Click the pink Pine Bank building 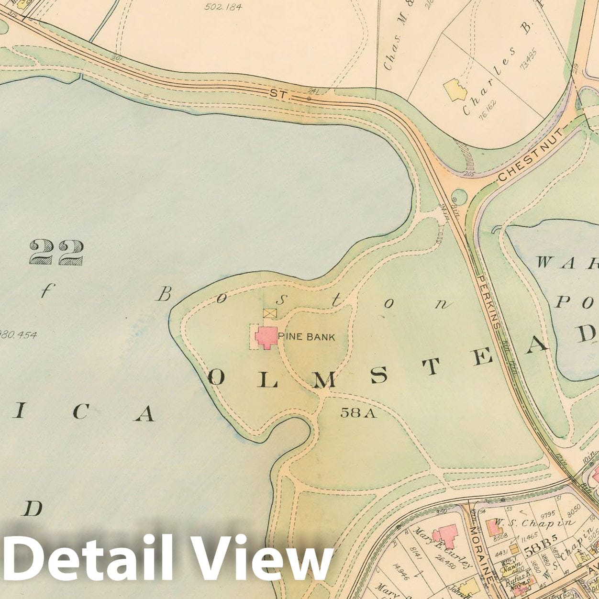(266, 336)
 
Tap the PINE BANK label (306, 337)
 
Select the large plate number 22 (56, 252)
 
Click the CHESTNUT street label (531, 155)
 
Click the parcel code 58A (358, 412)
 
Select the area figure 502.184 (223, 7)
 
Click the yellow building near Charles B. (455, 89)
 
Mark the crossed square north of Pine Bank (270, 313)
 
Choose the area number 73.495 (529, 59)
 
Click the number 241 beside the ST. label (313, 91)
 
